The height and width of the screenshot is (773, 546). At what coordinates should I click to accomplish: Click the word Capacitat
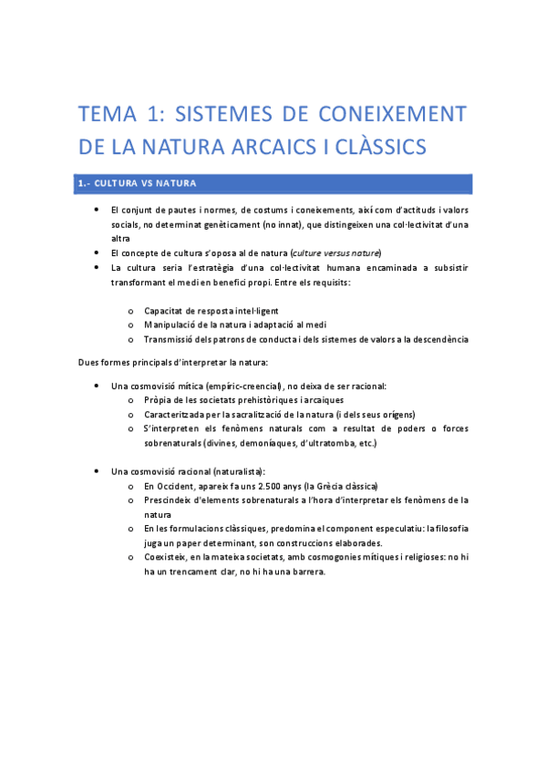coord(165,310)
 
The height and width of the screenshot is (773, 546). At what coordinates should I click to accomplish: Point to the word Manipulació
coord(171,325)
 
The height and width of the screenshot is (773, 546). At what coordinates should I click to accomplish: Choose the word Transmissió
coord(172,339)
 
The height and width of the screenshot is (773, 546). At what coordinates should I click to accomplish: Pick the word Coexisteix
coord(167,557)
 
